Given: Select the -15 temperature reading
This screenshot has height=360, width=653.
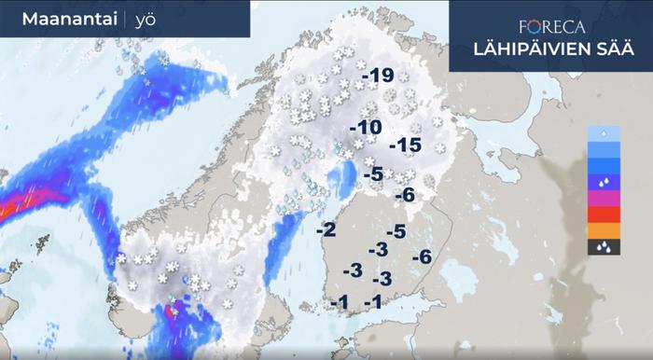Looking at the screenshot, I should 405,145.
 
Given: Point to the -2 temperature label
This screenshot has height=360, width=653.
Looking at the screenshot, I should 326,229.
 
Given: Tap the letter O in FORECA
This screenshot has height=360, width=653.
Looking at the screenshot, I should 536,28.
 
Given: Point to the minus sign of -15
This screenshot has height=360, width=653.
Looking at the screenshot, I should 392,146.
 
